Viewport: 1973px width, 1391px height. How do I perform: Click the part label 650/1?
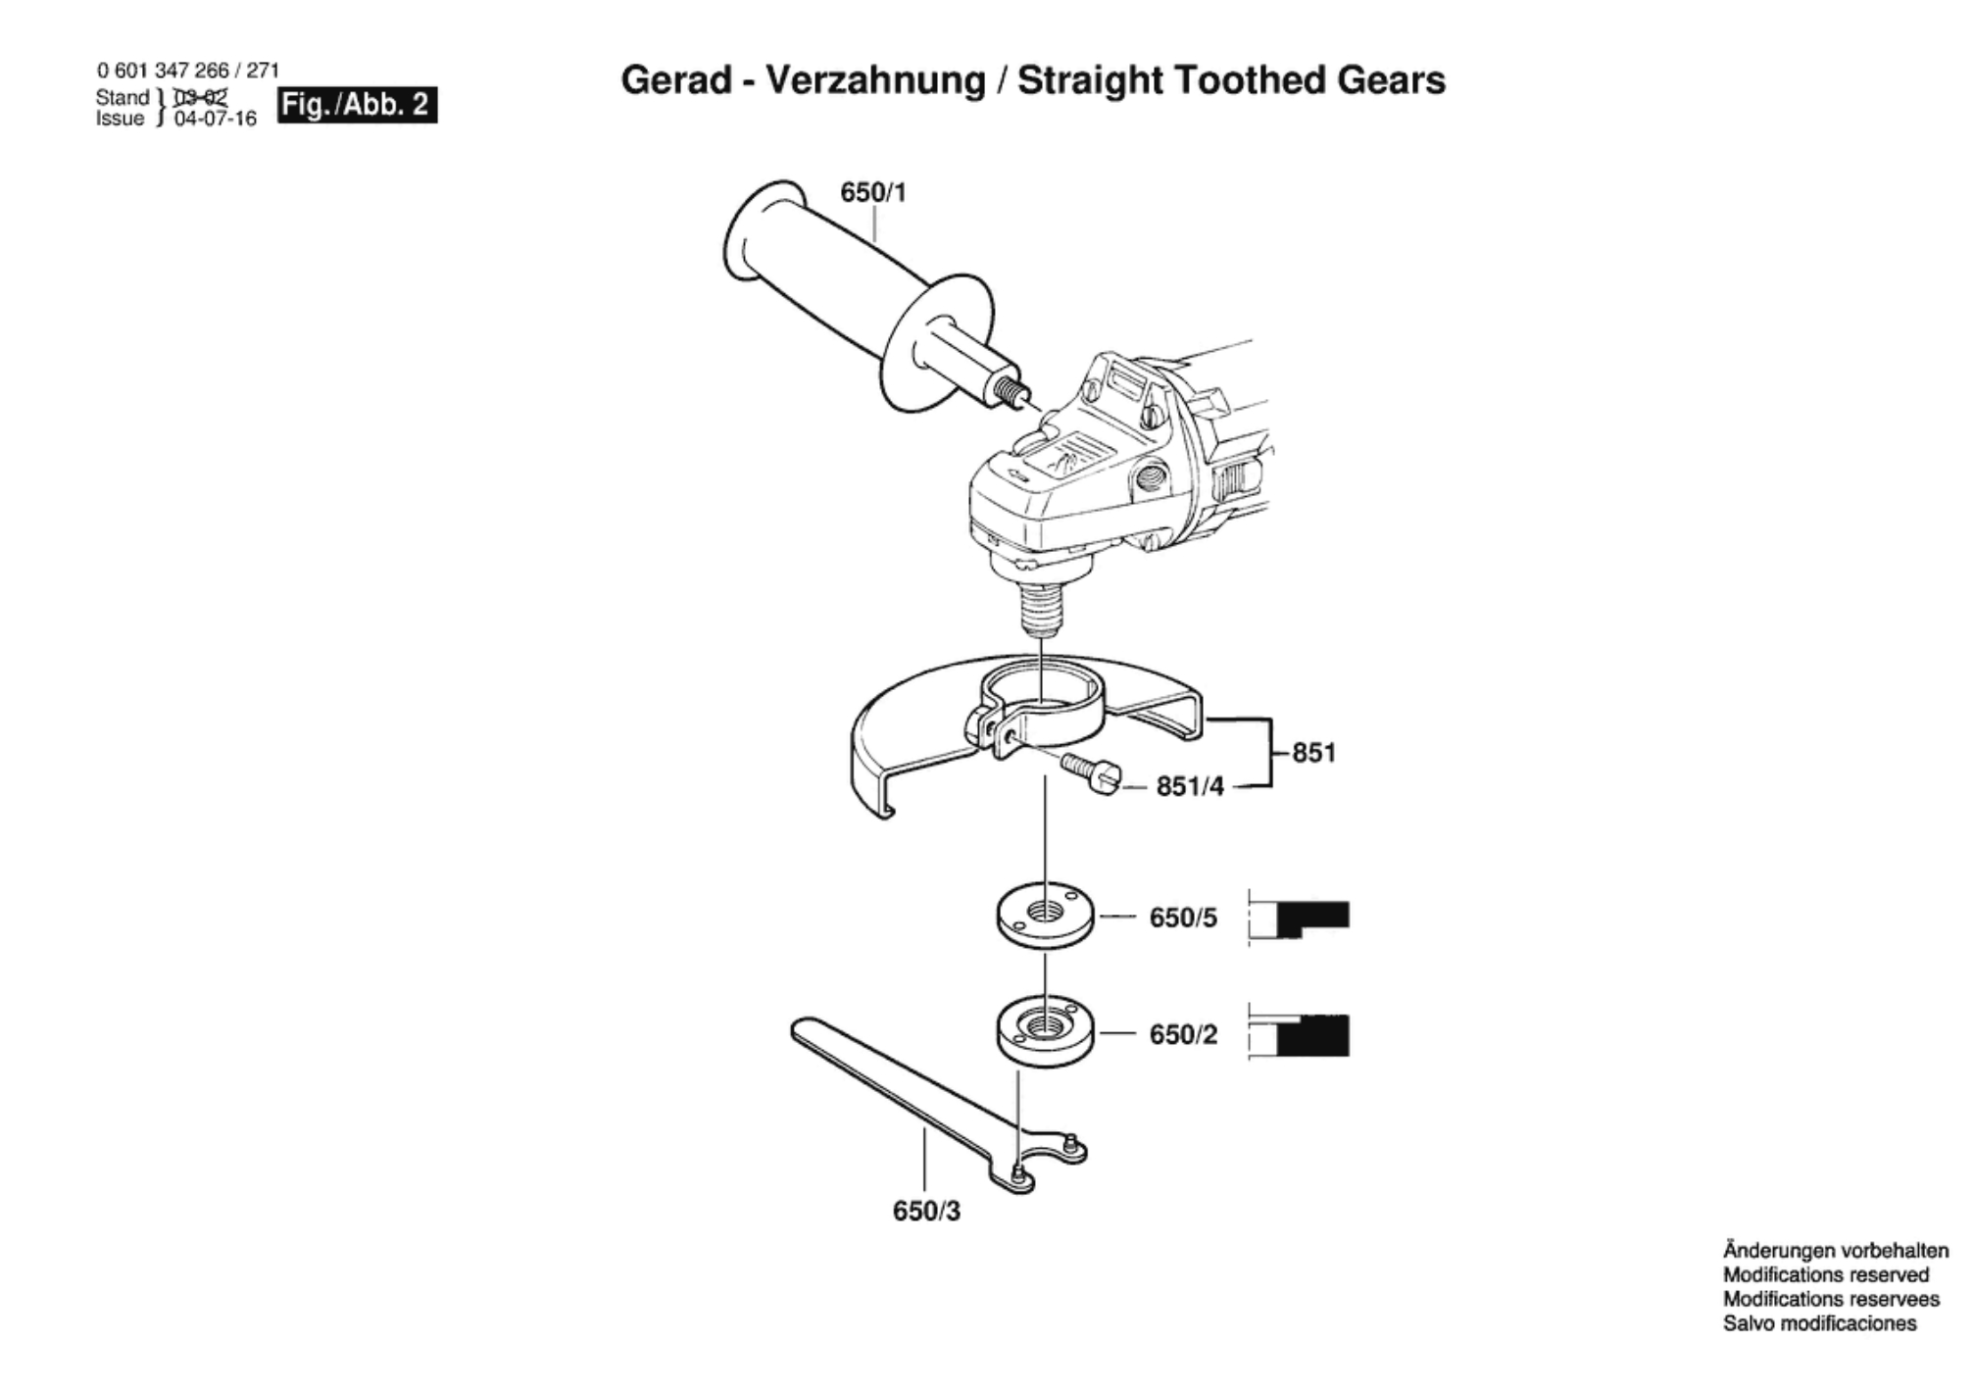pos(873,192)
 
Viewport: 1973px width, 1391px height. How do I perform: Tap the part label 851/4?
pos(1190,786)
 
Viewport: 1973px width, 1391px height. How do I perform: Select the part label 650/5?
pos(1183,918)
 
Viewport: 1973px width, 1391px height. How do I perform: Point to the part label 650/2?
pos(1183,1034)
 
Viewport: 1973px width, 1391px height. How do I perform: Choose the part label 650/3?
pos(926,1212)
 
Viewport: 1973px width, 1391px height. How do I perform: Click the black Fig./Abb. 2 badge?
pos(357,105)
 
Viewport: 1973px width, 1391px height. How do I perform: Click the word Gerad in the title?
pos(676,80)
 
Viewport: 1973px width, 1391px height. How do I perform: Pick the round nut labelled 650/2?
pos(1045,1032)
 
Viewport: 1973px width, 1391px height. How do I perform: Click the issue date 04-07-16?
pos(215,120)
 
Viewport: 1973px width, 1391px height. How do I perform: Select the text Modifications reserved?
pos(1825,1275)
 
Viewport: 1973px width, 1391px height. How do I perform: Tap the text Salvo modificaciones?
pos(1819,1323)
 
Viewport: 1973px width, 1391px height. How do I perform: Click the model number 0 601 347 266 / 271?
pos(187,71)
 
